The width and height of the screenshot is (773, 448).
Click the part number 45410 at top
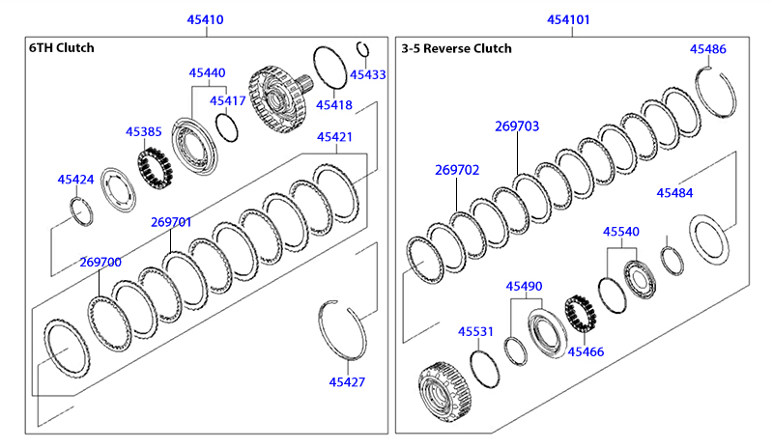[205, 19]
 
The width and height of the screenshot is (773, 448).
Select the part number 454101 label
[568, 19]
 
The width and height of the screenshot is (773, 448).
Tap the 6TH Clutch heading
[62, 48]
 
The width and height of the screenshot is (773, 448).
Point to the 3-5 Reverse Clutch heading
[456, 48]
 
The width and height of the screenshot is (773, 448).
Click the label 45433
[368, 75]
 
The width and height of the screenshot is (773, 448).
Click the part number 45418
[334, 105]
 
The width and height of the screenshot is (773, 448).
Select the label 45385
[143, 131]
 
